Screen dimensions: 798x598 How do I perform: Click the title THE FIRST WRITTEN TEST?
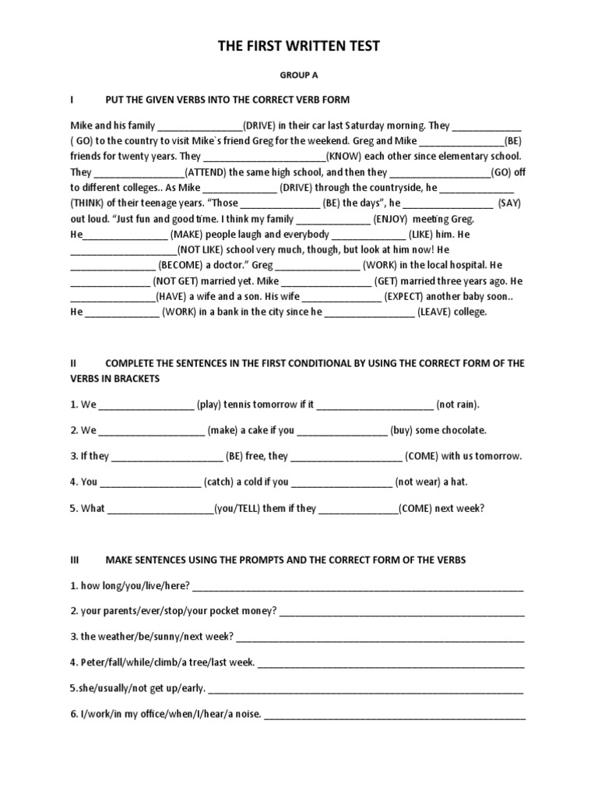(x=299, y=47)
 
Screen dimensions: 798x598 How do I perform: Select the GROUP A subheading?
(x=299, y=76)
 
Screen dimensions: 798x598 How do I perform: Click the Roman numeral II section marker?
(x=73, y=363)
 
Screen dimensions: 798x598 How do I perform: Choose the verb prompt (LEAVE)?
(x=441, y=312)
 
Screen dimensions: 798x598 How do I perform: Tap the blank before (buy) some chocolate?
(x=342, y=431)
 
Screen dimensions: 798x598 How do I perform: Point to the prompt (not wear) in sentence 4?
(x=420, y=482)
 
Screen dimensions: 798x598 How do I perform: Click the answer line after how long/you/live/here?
(x=357, y=587)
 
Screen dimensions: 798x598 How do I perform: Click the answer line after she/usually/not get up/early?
(x=366, y=689)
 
